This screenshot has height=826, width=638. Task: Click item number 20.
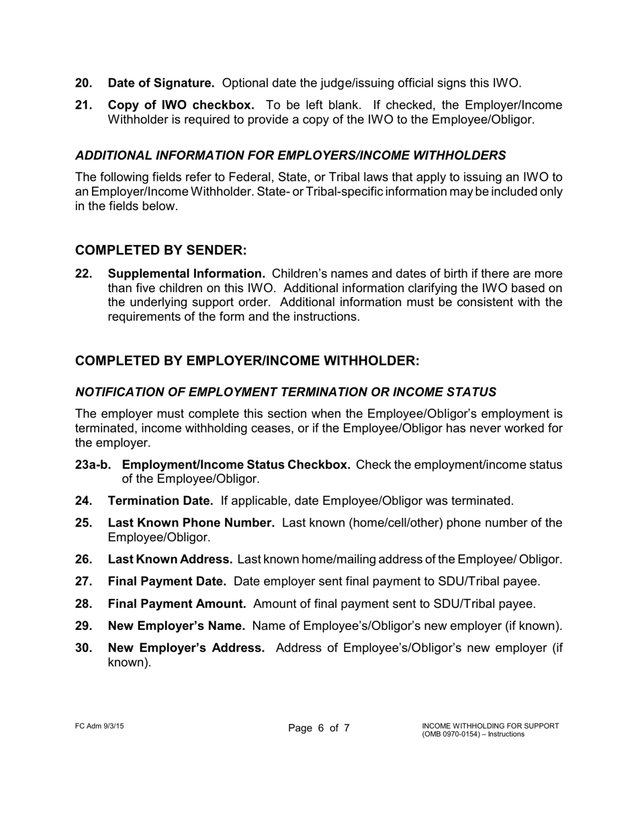click(x=84, y=83)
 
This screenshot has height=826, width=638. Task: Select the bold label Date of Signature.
click(x=161, y=83)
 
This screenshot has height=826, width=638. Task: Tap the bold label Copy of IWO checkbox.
click(x=181, y=105)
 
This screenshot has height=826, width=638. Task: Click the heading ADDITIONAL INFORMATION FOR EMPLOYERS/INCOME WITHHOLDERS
click(x=290, y=155)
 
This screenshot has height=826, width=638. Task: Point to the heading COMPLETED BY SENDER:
click(x=161, y=250)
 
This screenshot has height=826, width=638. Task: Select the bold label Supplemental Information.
click(x=186, y=273)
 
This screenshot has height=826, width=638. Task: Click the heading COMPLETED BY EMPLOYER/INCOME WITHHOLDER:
click(x=247, y=361)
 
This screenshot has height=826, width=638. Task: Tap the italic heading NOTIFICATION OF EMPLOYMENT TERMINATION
click(x=285, y=392)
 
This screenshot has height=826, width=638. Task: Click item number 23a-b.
click(x=93, y=465)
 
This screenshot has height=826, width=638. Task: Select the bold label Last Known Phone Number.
click(x=191, y=523)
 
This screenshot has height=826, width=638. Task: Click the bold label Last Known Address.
click(x=170, y=559)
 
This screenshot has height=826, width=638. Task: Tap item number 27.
click(x=84, y=582)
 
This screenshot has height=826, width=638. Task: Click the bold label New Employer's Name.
click(x=176, y=626)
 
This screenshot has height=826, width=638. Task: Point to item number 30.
click(x=84, y=648)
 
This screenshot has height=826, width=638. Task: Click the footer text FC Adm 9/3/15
click(x=99, y=726)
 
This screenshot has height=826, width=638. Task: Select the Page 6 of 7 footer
click(x=319, y=729)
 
